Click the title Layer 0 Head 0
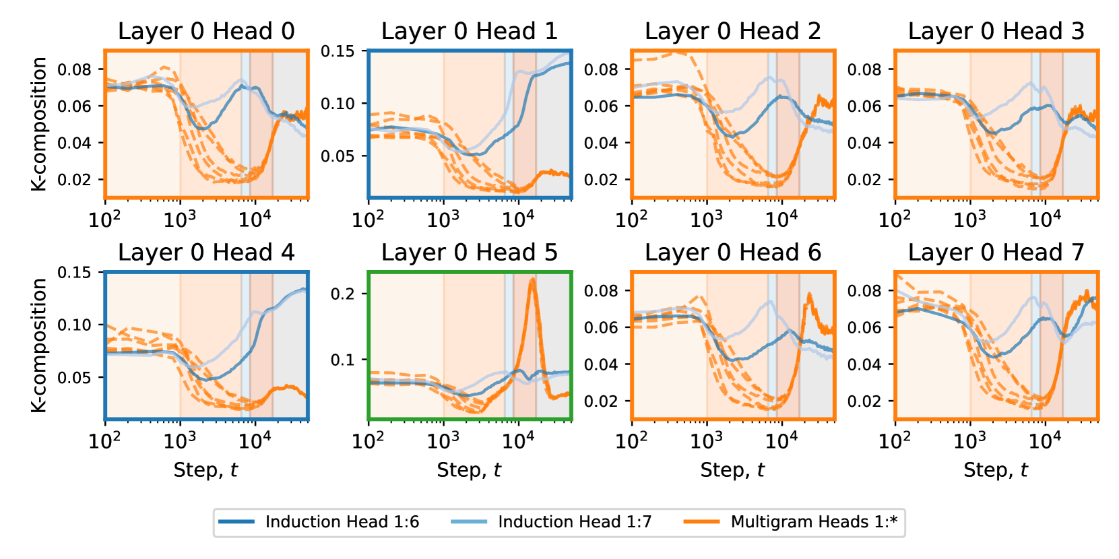(x=206, y=31)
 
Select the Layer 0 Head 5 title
(x=470, y=253)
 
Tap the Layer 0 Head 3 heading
(x=996, y=31)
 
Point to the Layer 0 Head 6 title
(x=733, y=253)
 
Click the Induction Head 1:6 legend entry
(x=342, y=522)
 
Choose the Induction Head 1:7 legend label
(x=575, y=522)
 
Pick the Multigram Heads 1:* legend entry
(x=814, y=522)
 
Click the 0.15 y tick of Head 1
(x=338, y=51)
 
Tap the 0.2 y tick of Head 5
(x=342, y=294)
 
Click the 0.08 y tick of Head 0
(x=74, y=69)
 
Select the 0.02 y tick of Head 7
(x=864, y=401)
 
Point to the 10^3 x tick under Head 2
(x=707, y=220)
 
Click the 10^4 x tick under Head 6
(x=781, y=441)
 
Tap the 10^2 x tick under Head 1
(x=368, y=220)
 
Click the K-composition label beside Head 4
(x=39, y=346)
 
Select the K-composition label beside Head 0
(x=39, y=124)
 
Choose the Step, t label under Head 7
(x=996, y=470)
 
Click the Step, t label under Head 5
(x=470, y=470)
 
